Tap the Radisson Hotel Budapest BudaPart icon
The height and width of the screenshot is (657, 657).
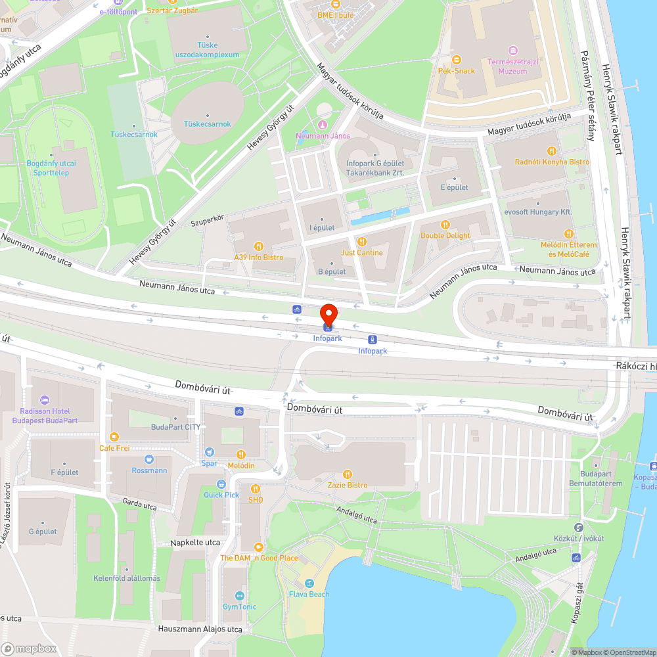click(45, 399)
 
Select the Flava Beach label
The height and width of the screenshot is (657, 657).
click(309, 594)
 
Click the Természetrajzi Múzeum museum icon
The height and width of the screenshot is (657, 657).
click(513, 51)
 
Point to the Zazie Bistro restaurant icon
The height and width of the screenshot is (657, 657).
click(348, 474)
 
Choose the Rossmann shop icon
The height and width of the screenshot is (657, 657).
click(149, 459)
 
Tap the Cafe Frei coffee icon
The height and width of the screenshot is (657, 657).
click(114, 436)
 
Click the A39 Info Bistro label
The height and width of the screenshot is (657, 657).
click(259, 258)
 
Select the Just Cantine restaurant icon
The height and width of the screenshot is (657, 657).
click(361, 241)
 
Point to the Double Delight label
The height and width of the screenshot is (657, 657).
click(445, 235)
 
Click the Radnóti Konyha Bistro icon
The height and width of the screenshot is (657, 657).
click(552, 150)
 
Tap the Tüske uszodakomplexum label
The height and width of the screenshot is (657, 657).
click(208, 50)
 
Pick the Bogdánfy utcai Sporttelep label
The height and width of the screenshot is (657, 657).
click(51, 168)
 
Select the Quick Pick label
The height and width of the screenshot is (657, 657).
click(221, 495)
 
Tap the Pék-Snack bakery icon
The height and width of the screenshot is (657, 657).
click(456, 59)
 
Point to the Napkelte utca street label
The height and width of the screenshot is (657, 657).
click(195, 543)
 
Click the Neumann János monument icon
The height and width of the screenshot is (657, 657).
click(322, 125)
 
